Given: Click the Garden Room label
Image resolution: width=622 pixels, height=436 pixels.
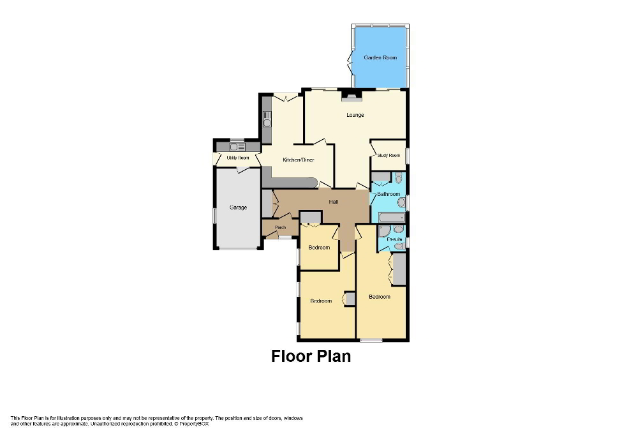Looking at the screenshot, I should click(380, 57).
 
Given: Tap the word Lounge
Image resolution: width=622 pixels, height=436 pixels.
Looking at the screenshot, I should click(355, 115).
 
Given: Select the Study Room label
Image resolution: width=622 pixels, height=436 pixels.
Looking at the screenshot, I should click(389, 155).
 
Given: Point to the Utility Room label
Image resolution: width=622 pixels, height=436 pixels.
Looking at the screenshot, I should click(237, 158).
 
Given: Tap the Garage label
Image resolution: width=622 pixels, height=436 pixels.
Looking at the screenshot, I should click(238, 207).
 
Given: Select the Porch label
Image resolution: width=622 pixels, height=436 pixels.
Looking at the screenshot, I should click(279, 228).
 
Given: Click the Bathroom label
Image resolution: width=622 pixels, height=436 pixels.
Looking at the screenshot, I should click(389, 194).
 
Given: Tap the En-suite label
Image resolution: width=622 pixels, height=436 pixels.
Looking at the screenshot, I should click(394, 239).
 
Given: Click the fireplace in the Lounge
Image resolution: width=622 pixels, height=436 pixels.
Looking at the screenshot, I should click(351, 96).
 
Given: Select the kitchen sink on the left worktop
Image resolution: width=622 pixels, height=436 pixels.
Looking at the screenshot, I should click(267, 118).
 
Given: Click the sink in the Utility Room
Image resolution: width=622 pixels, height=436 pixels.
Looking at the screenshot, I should click(237, 147).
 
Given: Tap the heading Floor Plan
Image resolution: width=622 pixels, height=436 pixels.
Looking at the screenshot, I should click(311, 356).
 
